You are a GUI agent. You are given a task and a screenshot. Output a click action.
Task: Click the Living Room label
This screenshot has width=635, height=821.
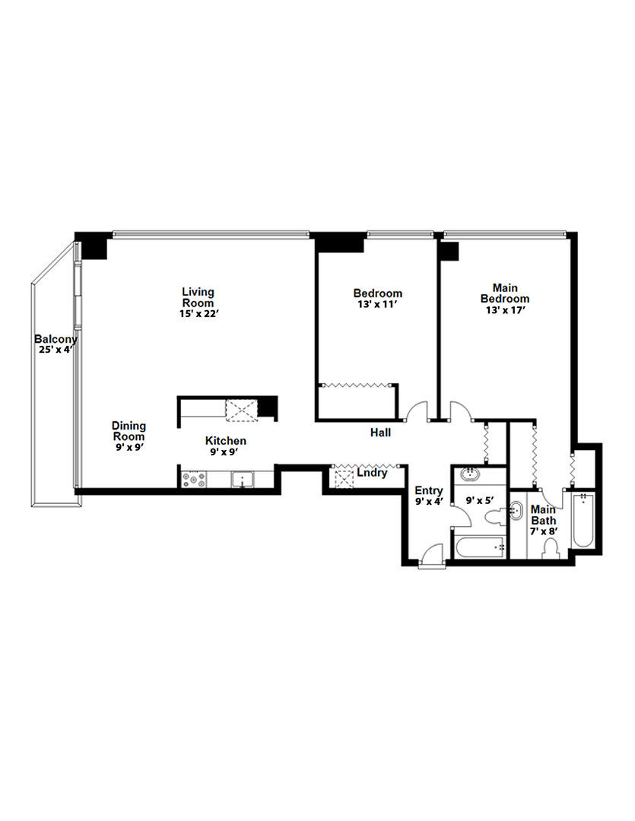point(198,297)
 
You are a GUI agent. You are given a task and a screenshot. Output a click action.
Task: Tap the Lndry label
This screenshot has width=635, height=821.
point(372,473)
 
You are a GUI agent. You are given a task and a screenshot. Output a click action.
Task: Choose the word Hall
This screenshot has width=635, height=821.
point(380,433)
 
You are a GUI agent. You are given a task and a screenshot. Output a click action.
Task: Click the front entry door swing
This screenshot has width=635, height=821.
point(431,555)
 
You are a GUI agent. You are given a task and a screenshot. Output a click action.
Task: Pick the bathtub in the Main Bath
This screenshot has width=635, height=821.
point(583,521)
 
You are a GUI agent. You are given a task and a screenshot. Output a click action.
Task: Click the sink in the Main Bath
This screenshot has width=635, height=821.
point(519,510)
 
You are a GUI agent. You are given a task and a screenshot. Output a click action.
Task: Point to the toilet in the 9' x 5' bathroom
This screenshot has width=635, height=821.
point(494,518)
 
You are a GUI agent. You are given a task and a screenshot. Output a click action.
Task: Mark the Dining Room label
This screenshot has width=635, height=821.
point(129,431)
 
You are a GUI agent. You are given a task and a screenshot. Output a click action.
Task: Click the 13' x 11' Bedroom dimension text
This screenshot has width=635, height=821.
point(377,304)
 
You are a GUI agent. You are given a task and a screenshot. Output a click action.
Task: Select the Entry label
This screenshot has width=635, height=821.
point(428,491)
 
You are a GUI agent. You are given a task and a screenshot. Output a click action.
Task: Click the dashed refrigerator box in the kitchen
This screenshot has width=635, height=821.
point(240,410)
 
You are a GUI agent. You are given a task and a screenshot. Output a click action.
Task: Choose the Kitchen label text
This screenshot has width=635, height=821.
point(225,441)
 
